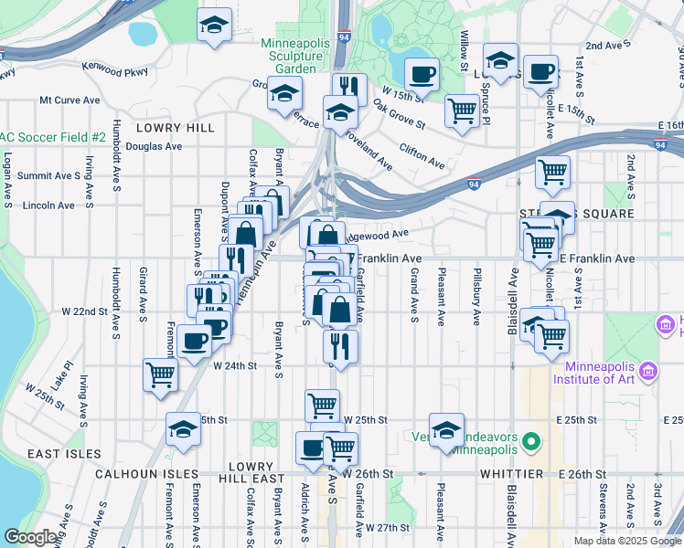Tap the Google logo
(x=30, y=537)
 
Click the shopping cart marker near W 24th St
(x=161, y=374)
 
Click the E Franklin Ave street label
(x=595, y=259)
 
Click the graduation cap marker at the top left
(x=215, y=26)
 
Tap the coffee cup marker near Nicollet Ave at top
(x=540, y=71)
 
